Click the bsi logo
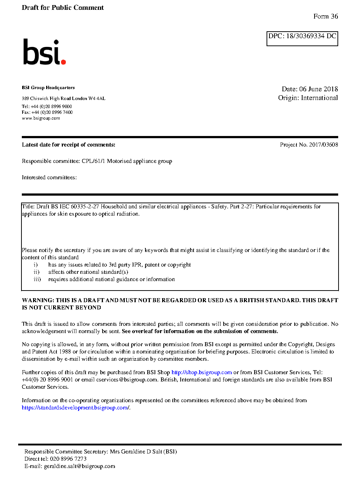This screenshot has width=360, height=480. (x=44, y=52)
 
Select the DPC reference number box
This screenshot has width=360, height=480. (x=302, y=39)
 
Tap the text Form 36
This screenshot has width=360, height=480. (x=325, y=16)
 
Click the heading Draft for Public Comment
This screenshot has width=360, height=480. (x=63, y=8)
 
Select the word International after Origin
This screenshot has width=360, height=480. (x=319, y=98)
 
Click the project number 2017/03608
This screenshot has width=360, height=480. (x=323, y=145)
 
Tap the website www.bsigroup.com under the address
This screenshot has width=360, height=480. (x=41, y=118)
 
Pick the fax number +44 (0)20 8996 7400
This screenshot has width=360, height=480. (x=52, y=112)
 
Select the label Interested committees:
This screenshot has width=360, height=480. (x=49, y=177)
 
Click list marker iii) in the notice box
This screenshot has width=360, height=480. (x=37, y=279)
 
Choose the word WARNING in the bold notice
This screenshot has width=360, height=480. (x=38, y=300)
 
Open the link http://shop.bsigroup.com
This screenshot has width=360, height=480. (x=201, y=372)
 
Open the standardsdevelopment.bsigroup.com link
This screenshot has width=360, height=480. (x=75, y=408)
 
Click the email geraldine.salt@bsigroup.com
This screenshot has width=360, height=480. (x=79, y=466)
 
